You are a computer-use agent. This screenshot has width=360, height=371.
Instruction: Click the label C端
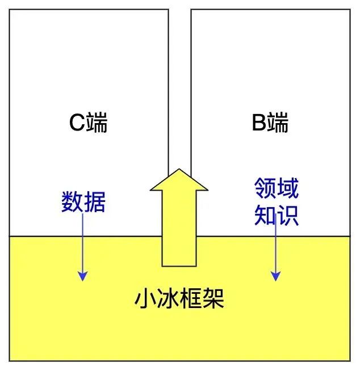pyautogui.click(x=88, y=123)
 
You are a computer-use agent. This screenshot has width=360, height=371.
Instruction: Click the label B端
pyautogui.click(x=270, y=123)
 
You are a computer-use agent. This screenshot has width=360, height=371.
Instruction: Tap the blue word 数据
pyautogui.click(x=83, y=201)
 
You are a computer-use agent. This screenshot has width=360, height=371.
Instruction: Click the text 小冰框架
pyautogui.click(x=179, y=298)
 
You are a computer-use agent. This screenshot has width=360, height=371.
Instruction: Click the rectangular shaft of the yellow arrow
pyautogui.click(x=179, y=227)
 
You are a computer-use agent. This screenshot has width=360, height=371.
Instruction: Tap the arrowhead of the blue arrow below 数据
pyautogui.click(x=83, y=276)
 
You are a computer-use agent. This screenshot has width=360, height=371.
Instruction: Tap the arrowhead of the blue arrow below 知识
pyautogui.click(x=275, y=276)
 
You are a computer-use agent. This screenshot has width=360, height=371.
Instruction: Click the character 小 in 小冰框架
pyautogui.click(x=145, y=298)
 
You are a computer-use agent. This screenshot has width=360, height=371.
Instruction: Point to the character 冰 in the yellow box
pyautogui.click(x=168, y=298)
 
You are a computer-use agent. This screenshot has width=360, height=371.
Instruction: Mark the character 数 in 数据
pyautogui.click(x=72, y=201)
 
